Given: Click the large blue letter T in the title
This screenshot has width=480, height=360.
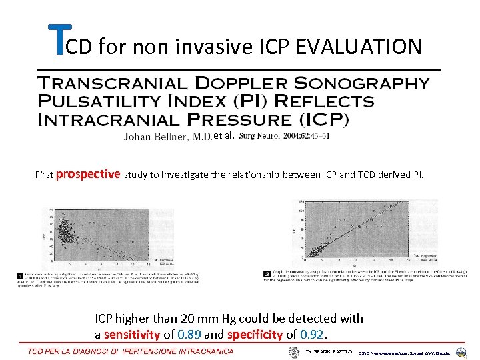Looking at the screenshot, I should (x=59, y=41).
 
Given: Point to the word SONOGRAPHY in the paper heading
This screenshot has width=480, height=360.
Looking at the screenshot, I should (x=371, y=83).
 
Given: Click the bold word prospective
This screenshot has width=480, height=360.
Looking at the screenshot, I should (x=88, y=175).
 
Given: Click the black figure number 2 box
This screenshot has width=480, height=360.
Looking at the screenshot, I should (x=267, y=273).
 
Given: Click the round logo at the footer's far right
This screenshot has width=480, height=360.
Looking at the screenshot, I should (x=461, y=351).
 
